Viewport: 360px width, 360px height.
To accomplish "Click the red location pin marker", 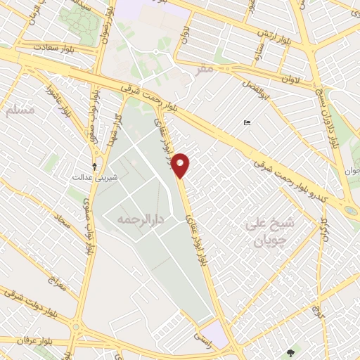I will pos(181,165).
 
